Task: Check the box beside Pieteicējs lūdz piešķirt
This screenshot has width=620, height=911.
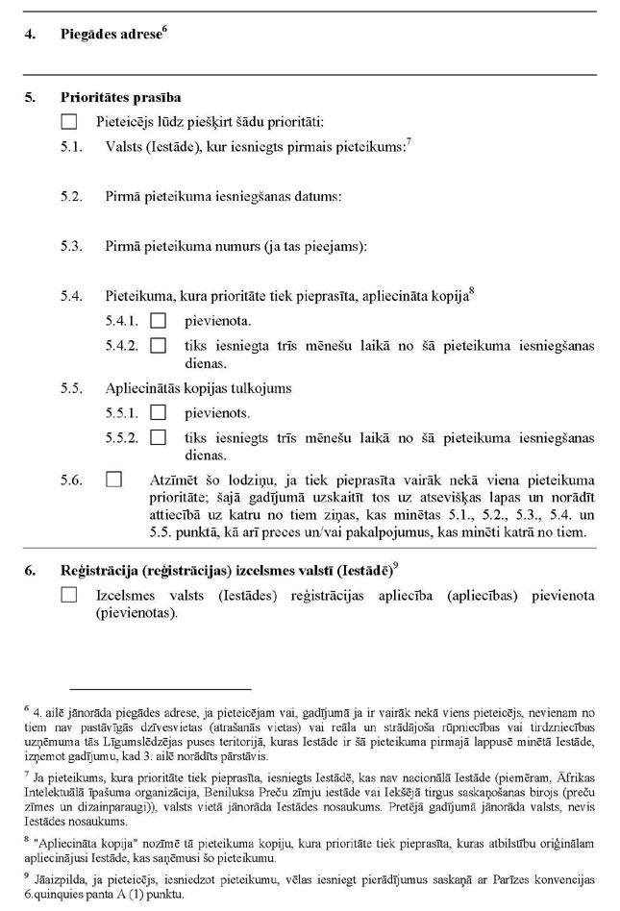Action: [68, 121]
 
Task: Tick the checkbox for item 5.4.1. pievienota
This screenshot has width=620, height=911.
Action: [160, 319]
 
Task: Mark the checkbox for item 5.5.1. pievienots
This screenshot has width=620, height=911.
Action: [160, 413]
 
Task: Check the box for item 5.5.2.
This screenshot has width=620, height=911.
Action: [160, 438]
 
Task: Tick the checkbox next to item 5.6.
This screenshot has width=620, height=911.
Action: [114, 479]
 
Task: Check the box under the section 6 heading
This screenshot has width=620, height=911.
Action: [68, 596]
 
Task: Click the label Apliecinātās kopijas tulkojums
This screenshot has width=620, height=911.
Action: [198, 388]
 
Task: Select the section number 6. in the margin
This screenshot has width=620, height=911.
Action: [31, 571]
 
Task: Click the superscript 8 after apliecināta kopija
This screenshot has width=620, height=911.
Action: [473, 291]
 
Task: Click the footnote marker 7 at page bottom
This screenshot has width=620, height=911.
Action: [26, 772]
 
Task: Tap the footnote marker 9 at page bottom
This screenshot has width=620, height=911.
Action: [26, 874]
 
